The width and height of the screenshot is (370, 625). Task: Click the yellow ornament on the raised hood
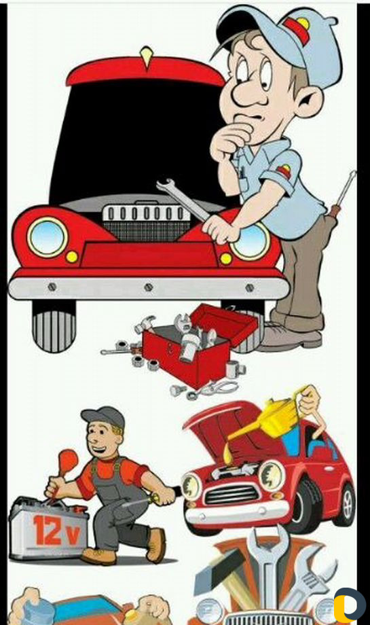tap(146, 56)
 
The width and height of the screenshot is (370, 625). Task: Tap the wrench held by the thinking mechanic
tap(183, 198)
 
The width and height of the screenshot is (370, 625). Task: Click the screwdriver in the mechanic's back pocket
tap(343, 194)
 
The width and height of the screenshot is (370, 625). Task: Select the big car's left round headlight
tap(47, 238)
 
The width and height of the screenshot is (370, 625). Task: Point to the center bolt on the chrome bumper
tap(149, 287)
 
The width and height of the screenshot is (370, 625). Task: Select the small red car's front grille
tap(232, 495)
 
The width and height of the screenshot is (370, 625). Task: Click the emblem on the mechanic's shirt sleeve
tap(284, 171)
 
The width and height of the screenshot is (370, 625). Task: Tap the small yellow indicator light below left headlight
tap(72, 256)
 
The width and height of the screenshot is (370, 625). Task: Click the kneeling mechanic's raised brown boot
tap(155, 545)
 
